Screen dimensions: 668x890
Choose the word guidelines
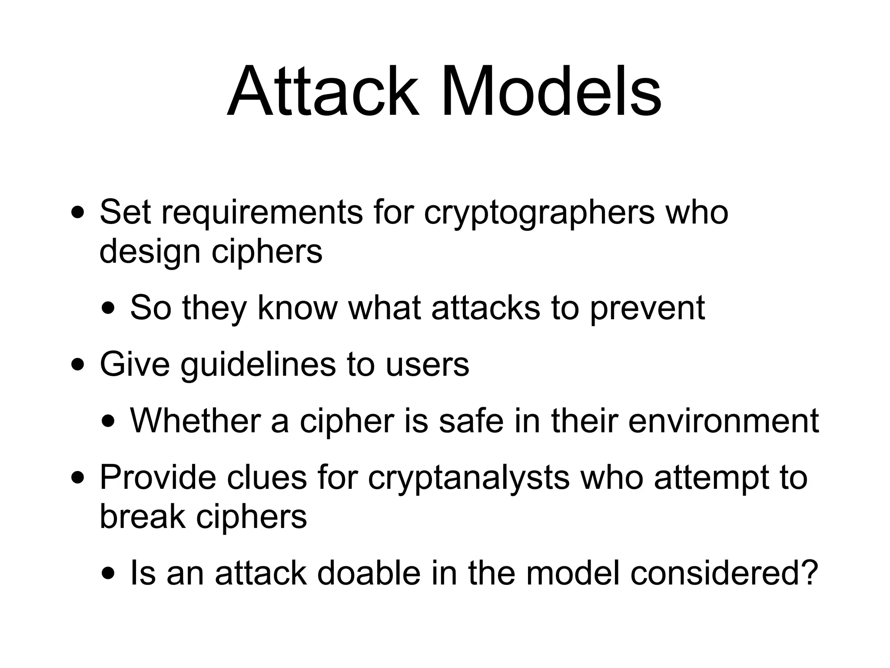coord(258,365)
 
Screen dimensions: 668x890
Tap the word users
coord(427,365)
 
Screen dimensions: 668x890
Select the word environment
coord(723,421)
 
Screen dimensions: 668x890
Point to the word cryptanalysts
coord(468,478)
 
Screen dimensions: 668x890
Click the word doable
coord(369,573)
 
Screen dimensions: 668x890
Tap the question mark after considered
coord(809,573)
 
